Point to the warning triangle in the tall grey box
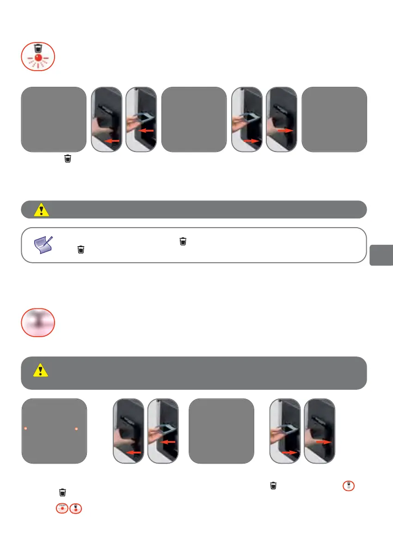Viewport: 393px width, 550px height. coord(41,371)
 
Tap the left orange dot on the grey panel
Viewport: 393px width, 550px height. coord(26,429)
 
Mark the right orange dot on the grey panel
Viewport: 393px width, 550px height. coord(76,429)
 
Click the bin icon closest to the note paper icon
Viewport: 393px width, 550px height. coord(81,250)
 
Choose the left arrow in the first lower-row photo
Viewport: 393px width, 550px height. coord(134,453)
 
